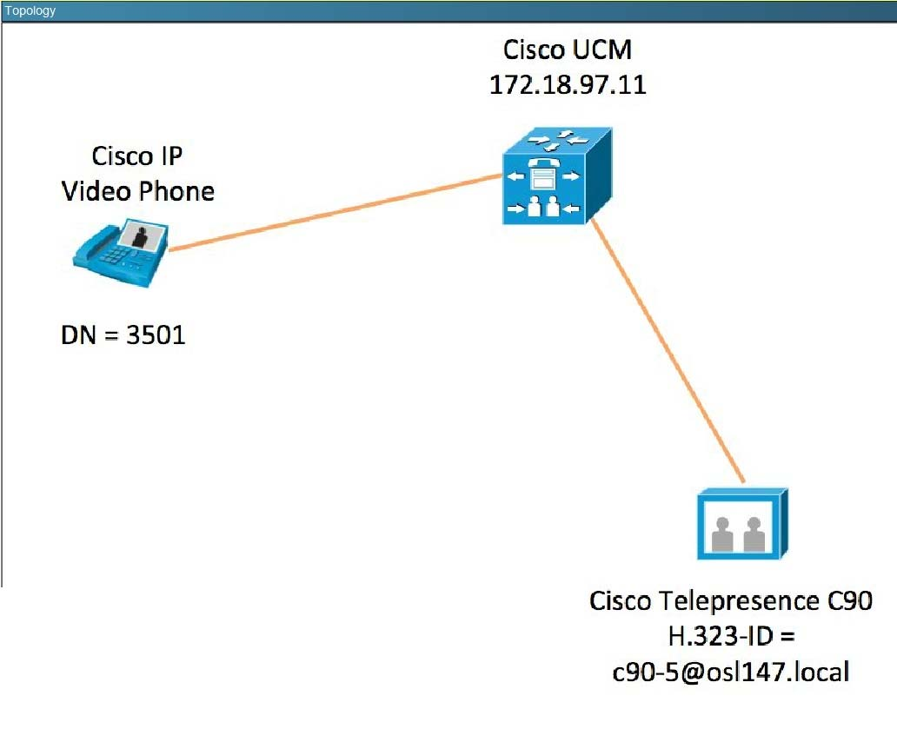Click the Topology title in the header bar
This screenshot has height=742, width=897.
[x=30, y=11]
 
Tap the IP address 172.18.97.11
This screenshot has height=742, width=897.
[x=569, y=85]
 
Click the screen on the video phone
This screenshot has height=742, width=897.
[x=142, y=235]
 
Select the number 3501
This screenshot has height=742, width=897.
[x=156, y=335]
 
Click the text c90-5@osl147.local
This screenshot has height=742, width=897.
[x=729, y=672]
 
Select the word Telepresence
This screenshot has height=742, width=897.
[x=734, y=601]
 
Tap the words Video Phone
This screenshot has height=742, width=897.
[x=138, y=191]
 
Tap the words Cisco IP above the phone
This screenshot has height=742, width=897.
[x=139, y=157]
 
